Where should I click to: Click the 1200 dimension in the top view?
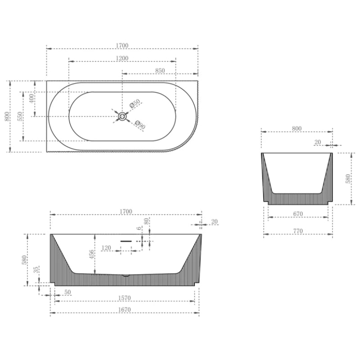click(122, 58)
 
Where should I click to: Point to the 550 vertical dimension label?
click(20, 117)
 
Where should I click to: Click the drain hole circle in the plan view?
click(121, 117)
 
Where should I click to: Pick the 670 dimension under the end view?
click(298, 214)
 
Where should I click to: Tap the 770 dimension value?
click(298, 231)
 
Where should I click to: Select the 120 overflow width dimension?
click(107, 248)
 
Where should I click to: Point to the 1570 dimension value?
click(124, 297)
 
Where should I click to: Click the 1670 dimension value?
click(124, 310)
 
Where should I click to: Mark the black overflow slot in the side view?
click(126, 241)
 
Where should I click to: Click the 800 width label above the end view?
click(297, 128)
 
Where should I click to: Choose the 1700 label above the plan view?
click(122, 45)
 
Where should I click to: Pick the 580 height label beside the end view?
click(348, 179)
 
